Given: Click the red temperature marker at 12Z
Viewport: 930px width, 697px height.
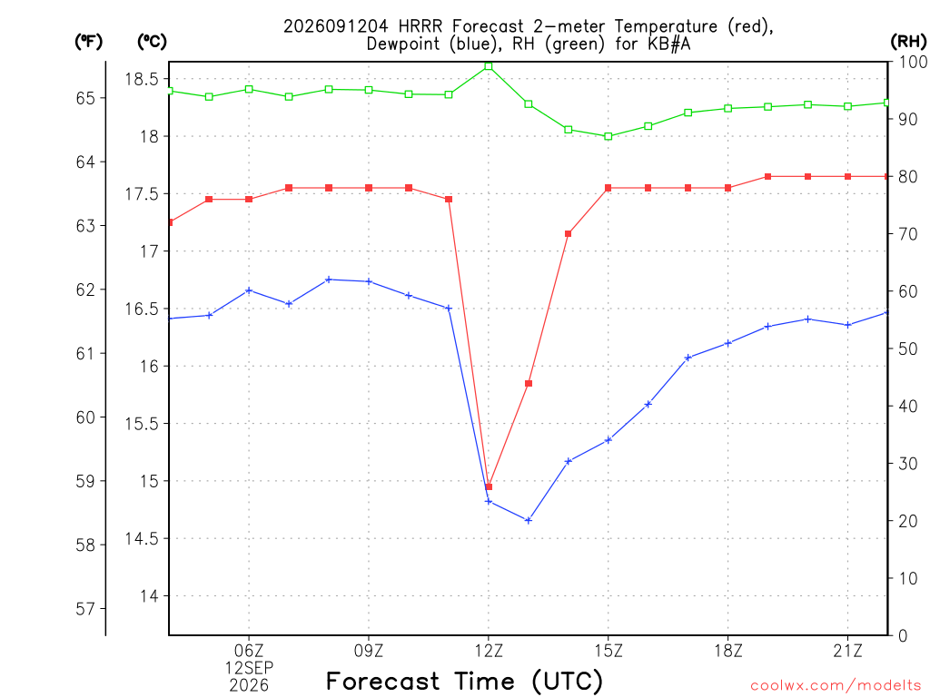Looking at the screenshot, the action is pos(489,486).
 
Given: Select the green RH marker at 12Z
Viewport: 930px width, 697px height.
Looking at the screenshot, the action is pos(489,66).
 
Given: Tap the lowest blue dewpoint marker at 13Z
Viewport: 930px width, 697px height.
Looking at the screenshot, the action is pos(529,520).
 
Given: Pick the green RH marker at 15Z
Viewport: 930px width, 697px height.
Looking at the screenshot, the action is pos(608,136).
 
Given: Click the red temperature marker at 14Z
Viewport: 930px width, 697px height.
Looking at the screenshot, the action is pos(569,234).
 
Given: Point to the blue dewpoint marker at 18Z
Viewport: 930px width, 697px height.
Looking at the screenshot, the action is pos(728,343).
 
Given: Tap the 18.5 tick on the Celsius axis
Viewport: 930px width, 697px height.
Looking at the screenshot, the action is pos(142,79).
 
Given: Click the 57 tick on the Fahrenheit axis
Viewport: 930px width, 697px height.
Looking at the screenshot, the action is pos(85,609).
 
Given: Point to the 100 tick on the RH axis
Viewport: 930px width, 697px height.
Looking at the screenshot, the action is pos(914,62).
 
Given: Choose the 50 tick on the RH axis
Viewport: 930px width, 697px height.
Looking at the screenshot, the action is pos(907,349).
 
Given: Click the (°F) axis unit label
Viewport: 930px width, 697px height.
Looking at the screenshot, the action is pos(88,42).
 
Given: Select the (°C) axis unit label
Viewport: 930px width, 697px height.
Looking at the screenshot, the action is pos(152,42).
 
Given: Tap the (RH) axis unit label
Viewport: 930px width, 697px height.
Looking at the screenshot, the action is pos(908,42).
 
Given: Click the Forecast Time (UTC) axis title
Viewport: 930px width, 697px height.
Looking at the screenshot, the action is pos(464,682).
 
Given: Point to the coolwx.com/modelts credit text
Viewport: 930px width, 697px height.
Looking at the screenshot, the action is pos(836,685).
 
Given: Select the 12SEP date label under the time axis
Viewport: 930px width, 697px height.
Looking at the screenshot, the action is pos(249,668).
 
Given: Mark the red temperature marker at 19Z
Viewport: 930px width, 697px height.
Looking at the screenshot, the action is pos(768,177).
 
